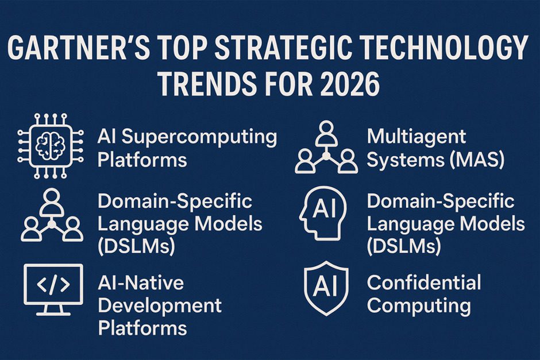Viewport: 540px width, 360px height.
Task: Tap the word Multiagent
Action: click(416, 137)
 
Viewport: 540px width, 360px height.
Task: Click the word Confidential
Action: click(424, 282)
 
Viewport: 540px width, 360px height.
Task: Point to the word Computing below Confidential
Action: click(419, 305)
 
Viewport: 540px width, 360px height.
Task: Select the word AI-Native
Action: click(141, 282)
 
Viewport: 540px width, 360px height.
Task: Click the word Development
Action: click(160, 305)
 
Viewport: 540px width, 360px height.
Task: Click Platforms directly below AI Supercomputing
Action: click(142, 159)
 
